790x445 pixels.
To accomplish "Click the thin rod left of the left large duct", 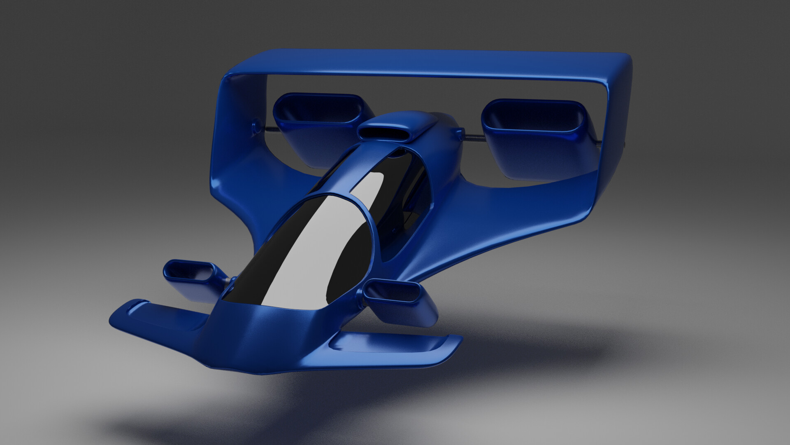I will click(x=267, y=131).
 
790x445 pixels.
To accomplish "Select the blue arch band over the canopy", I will click(x=350, y=173).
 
